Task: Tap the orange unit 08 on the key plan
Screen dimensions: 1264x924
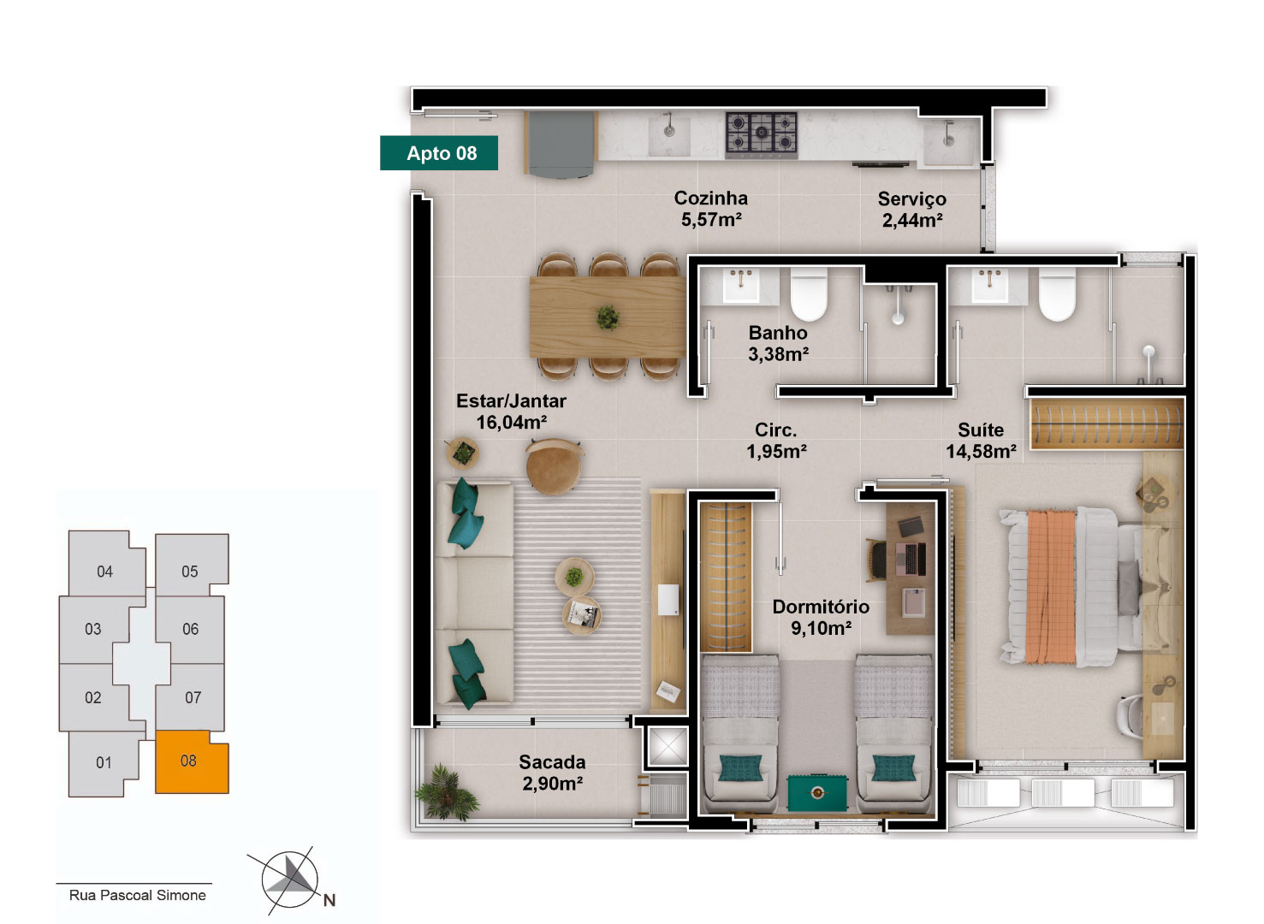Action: [x=191, y=762]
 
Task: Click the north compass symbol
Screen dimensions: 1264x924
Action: [x=289, y=880]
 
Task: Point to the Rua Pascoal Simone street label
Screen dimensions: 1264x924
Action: [x=137, y=895]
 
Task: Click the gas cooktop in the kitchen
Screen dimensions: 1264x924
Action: [x=761, y=133]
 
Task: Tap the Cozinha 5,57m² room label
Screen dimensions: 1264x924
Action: [x=711, y=209]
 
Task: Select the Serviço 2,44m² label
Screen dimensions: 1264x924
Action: [x=912, y=210]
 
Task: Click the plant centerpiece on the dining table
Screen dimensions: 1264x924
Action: [x=608, y=317]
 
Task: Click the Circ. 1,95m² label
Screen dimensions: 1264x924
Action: [x=776, y=441]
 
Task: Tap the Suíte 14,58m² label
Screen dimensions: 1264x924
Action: [x=981, y=441]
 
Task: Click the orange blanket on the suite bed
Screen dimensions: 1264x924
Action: [x=1051, y=587]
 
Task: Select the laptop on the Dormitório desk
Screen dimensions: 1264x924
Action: [x=915, y=559]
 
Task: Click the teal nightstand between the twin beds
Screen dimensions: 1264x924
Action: [x=817, y=794]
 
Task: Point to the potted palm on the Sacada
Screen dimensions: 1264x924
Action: [x=447, y=792]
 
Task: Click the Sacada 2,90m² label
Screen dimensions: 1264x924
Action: [x=553, y=773]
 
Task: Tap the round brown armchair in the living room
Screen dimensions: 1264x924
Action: [x=555, y=466]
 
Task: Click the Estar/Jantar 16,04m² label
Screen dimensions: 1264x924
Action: [x=511, y=412]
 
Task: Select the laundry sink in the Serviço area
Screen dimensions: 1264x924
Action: [x=949, y=141]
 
